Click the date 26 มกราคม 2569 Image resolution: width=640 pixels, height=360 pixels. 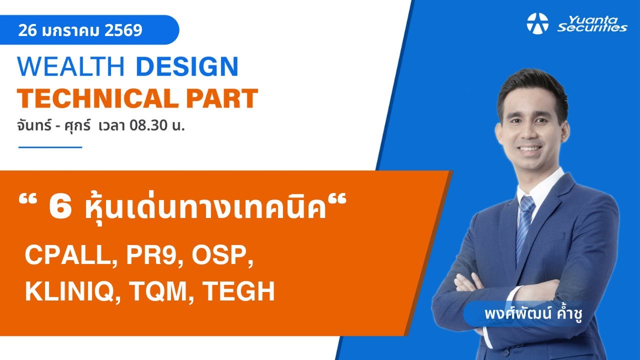pos(80,30)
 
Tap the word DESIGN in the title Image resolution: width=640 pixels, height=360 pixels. pos(187,67)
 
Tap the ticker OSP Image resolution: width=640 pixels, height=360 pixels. pos(218,255)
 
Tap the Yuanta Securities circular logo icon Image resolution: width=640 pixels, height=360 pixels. pos(537,23)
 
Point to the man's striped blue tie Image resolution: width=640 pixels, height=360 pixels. pos(525,225)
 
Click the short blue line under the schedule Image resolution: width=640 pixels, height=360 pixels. pos(50,147)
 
